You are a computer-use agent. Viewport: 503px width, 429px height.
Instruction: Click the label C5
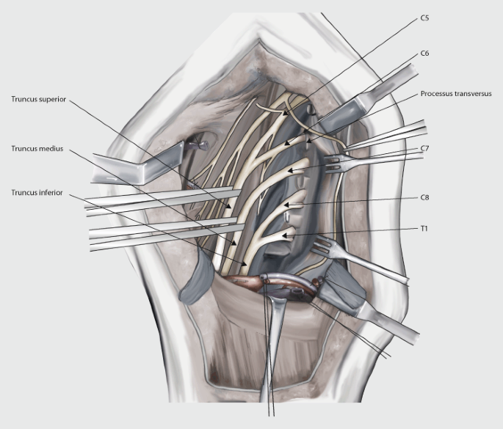click(424, 17)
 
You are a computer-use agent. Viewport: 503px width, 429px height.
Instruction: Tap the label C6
click(424, 54)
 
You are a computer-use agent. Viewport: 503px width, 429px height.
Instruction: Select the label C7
click(424, 149)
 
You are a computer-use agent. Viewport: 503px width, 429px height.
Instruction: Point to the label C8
click(424, 198)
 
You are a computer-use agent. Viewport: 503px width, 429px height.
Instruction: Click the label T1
click(424, 228)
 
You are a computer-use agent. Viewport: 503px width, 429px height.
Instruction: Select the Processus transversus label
click(461, 94)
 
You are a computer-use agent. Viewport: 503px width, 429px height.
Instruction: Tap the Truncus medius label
click(37, 148)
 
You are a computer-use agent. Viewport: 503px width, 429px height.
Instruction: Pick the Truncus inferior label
click(37, 192)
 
